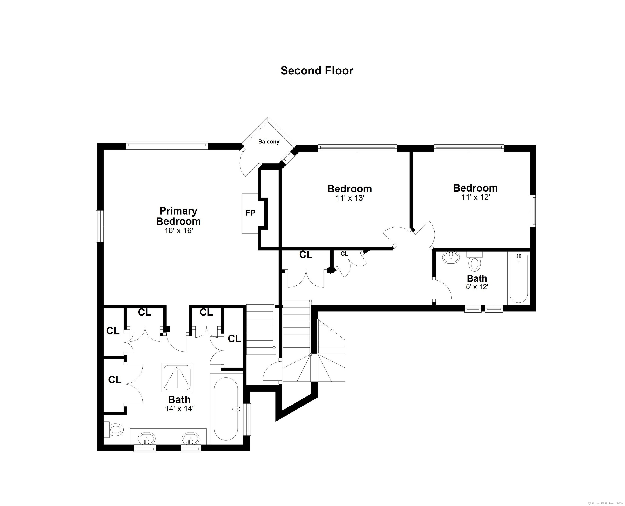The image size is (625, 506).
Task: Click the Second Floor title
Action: [317, 70]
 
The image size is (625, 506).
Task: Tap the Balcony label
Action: [269, 142]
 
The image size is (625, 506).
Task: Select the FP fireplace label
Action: [250, 213]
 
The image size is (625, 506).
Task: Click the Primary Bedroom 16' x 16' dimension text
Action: [179, 231]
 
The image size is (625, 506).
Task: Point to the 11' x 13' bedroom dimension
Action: [350, 198]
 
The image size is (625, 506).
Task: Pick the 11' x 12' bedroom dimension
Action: [476, 197]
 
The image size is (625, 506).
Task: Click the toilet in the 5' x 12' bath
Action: [474, 263]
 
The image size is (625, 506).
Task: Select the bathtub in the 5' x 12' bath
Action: [518, 279]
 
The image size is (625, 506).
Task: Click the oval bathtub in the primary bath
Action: [226, 409]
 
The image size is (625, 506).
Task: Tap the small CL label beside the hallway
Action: [344, 254]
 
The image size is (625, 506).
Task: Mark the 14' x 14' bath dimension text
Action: [179, 409]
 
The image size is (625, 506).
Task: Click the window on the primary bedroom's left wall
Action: [100, 226]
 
